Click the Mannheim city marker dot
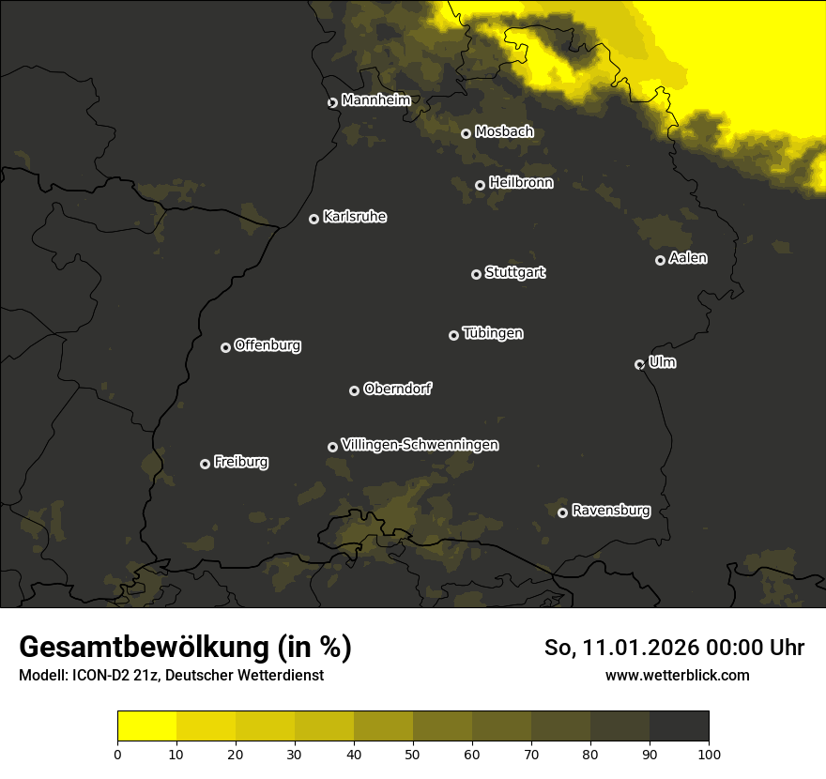click(x=332, y=103)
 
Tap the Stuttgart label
click(x=514, y=272)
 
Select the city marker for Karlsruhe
click(x=314, y=219)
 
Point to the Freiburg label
click(x=240, y=462)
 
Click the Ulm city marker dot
click(x=639, y=364)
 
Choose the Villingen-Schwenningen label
click(x=420, y=445)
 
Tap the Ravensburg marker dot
click(x=562, y=512)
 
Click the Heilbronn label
click(x=520, y=183)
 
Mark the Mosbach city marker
click(x=466, y=133)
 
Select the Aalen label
click(x=687, y=258)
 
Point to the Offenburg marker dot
click(x=225, y=347)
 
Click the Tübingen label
click(x=492, y=333)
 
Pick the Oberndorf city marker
click(x=354, y=390)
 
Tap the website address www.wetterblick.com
click(x=677, y=675)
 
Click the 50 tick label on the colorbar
click(x=413, y=753)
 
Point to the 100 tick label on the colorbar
click(x=708, y=753)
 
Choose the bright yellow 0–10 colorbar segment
click(x=147, y=726)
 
